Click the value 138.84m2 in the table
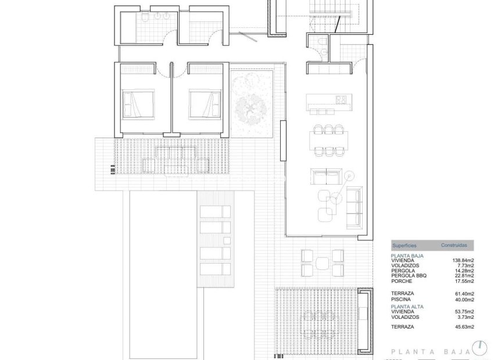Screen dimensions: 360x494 (x=464, y=260)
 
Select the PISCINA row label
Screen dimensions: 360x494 (x=402, y=300)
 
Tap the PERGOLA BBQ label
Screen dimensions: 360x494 (x=409, y=275)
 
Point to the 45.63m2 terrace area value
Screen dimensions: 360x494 (x=464, y=327)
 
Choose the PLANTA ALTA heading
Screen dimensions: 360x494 (x=407, y=306)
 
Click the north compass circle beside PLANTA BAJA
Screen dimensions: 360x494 (x=479, y=348)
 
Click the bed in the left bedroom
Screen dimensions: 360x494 (x=138, y=104)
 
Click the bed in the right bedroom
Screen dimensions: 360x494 (x=205, y=104)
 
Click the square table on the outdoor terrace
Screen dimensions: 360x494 (x=321, y=264)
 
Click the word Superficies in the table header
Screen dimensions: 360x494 (x=405, y=246)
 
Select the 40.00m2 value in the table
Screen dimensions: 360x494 (x=464, y=300)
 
